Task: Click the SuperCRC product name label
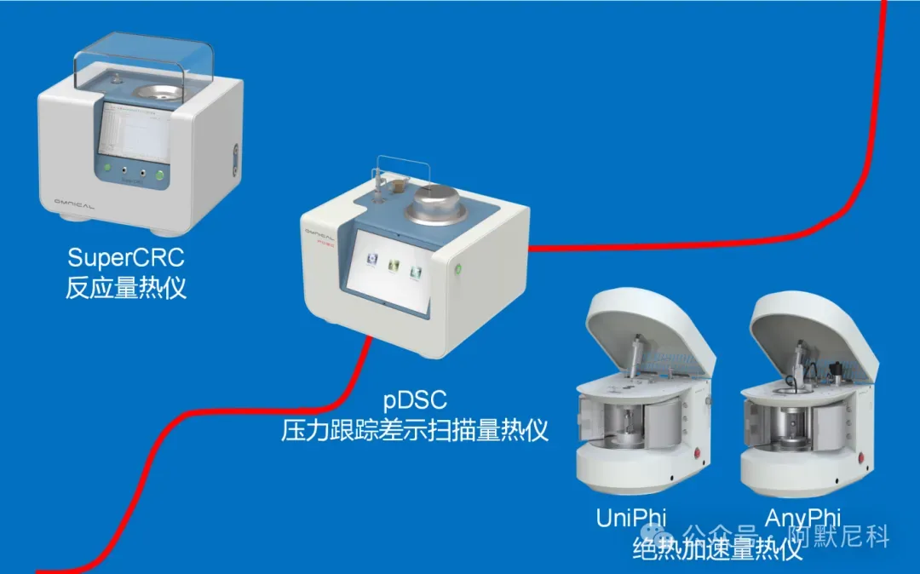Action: click(x=125, y=256)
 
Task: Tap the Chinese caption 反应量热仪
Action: click(x=125, y=287)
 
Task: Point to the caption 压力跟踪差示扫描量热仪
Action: click(x=416, y=429)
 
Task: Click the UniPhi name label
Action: click(x=631, y=517)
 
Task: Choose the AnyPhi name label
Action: click(x=802, y=517)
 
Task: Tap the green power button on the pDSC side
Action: click(x=458, y=270)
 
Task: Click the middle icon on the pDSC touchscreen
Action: click(x=394, y=267)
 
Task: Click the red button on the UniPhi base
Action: click(x=698, y=453)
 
